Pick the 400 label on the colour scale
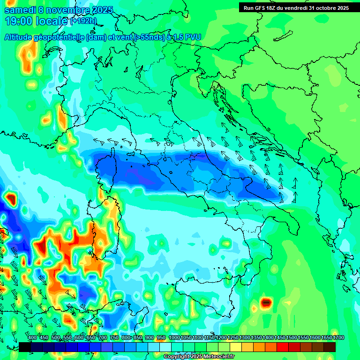[32, 338]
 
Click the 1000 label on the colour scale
[174, 338]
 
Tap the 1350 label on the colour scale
[256, 338]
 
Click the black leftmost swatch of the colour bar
[24, 347]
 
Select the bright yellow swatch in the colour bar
[236, 347]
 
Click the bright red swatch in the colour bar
[283, 347]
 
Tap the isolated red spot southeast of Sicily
[266, 303]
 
